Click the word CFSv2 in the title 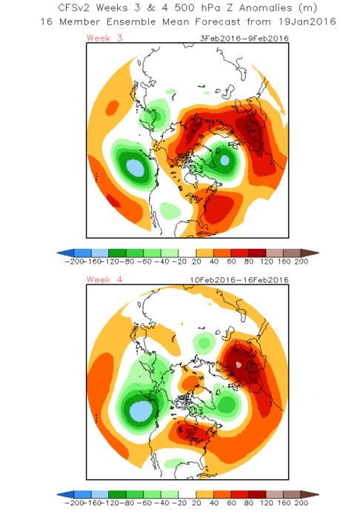(74, 8)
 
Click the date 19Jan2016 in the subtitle (307, 22)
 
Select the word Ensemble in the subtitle (131, 22)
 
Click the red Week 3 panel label (104, 38)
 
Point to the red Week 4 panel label (104, 279)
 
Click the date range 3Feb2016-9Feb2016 (244, 39)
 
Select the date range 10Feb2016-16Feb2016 (239, 280)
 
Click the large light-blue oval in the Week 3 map (135, 167)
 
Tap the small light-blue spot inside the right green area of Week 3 (224, 160)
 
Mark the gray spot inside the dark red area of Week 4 (239, 364)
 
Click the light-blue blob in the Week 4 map (141, 411)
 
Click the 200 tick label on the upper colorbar (301, 261)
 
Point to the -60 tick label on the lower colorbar (144, 503)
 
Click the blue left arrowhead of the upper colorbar (66, 253)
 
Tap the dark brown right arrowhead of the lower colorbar (310, 494)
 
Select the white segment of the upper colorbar (187, 253)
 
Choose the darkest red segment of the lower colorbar (257, 494)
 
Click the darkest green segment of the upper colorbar (117, 253)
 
